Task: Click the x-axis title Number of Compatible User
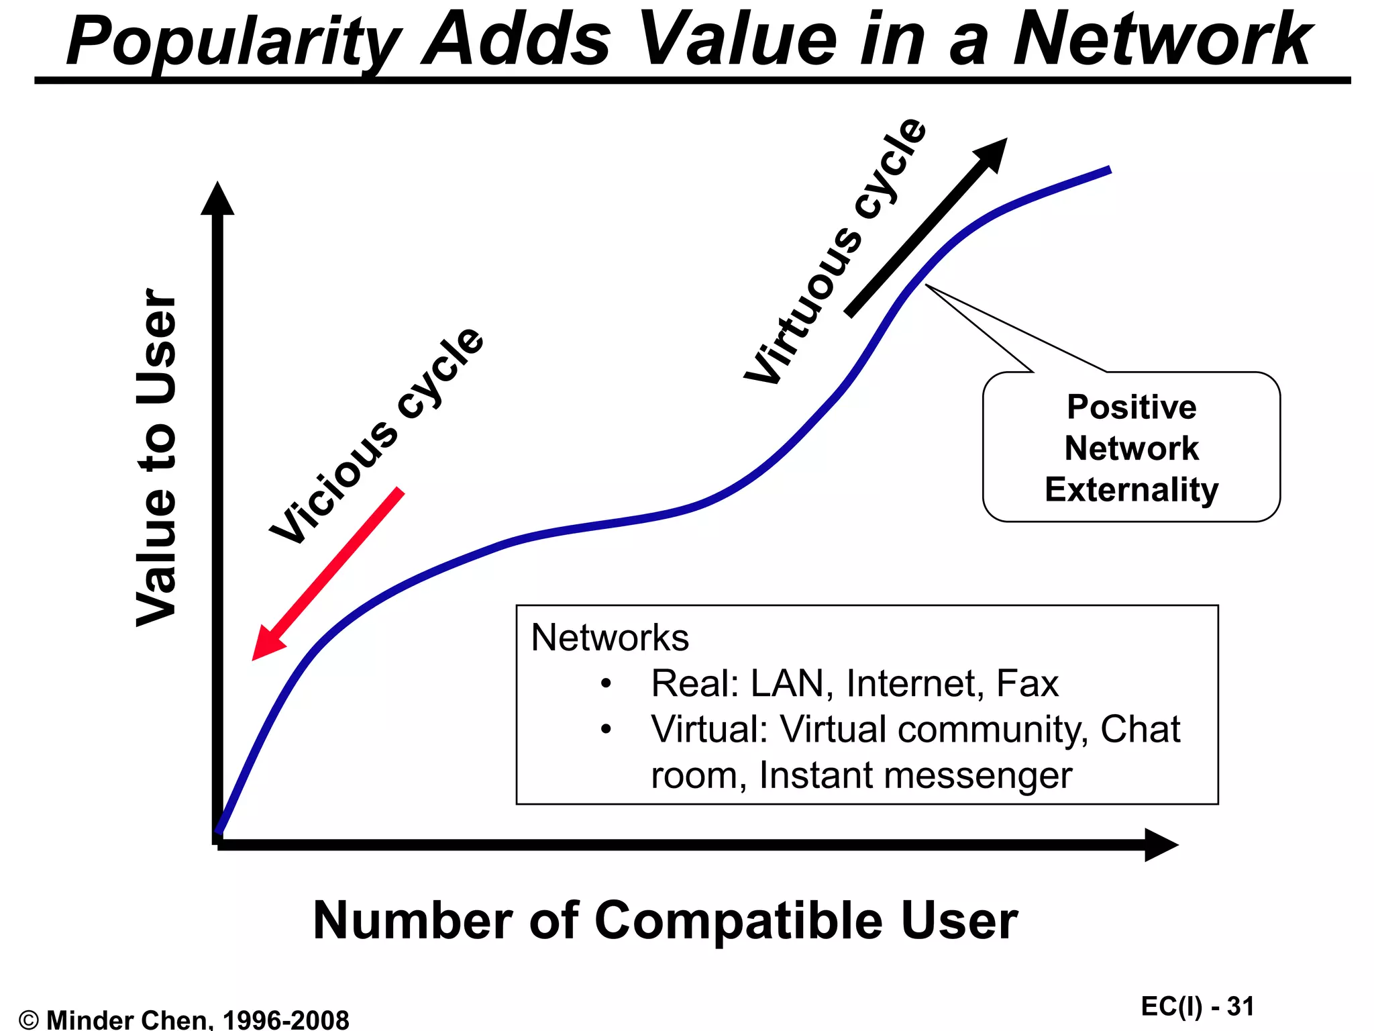tap(665, 920)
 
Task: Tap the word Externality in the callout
tap(1131, 489)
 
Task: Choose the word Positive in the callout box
tap(1131, 407)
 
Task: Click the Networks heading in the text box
tap(609, 637)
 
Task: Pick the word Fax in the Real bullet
tap(1027, 683)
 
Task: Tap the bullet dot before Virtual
tap(606, 729)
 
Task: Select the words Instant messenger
tap(915, 775)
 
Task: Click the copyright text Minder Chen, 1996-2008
tap(197, 1020)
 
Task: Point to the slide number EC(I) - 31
tap(1197, 1006)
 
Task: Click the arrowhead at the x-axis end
tap(1160, 844)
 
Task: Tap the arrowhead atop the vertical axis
tap(217, 199)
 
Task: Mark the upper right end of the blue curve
tap(1108, 170)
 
